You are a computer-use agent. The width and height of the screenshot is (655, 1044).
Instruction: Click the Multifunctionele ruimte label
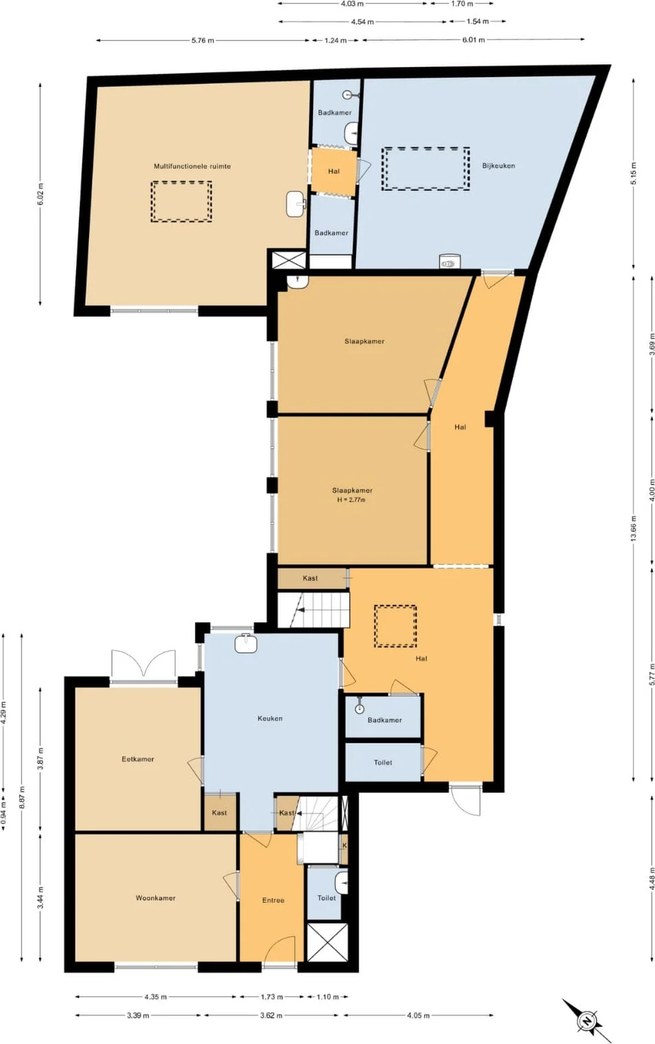point(192,166)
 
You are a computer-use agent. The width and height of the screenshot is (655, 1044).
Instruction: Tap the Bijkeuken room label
point(498,165)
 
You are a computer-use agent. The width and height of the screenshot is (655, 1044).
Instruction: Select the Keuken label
point(270,718)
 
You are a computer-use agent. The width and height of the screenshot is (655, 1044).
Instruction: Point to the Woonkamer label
point(156,897)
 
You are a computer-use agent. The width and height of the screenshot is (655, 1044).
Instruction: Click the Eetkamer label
point(138,759)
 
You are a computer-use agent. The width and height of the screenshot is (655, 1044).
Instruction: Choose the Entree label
point(273,900)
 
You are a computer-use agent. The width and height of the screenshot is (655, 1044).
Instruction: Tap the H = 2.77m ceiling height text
point(351,500)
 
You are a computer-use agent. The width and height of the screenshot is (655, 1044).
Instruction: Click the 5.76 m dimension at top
point(203,41)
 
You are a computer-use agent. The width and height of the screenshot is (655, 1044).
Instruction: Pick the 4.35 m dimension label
point(156,997)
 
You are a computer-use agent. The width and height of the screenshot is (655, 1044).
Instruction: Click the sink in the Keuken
point(246,644)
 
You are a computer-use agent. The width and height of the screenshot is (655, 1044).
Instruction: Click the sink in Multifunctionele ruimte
point(296,204)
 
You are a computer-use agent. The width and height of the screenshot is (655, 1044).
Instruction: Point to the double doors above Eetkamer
point(143,664)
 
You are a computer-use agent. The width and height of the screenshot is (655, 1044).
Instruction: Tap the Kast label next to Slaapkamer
point(310,578)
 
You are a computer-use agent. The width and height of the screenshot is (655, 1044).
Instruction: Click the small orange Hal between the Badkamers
point(334,171)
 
